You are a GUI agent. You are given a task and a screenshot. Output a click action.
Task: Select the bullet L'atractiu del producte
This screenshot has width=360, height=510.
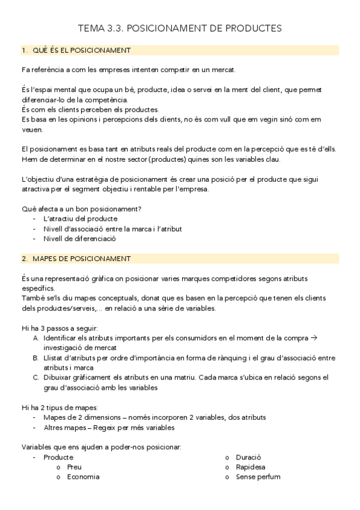[x=80, y=219]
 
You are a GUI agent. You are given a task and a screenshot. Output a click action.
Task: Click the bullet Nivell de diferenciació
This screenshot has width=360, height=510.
[x=79, y=238]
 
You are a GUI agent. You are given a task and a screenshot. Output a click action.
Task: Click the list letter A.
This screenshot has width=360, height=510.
[x=36, y=339]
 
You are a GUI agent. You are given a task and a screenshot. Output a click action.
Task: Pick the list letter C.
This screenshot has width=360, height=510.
[x=36, y=378]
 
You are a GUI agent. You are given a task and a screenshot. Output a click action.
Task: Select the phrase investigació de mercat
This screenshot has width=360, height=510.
[x=79, y=348]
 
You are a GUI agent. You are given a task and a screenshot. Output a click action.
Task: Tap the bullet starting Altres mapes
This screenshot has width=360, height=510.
[x=109, y=428]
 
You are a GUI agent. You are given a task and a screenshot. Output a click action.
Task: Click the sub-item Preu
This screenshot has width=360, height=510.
[x=75, y=467]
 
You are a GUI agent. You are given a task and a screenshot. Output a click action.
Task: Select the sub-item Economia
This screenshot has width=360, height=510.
[x=83, y=477]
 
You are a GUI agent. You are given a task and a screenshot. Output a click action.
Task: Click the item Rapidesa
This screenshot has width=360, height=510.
[x=250, y=467]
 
